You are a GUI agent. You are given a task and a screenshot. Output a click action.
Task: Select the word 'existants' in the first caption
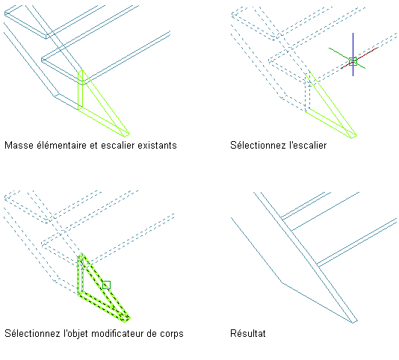(157, 146)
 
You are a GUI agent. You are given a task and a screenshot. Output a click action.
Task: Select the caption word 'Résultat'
(248, 333)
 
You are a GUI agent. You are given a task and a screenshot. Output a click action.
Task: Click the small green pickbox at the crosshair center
(353, 61)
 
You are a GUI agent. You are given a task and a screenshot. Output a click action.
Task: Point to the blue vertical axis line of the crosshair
(353, 55)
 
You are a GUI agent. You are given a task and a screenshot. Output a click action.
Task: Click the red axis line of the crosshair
(359, 58)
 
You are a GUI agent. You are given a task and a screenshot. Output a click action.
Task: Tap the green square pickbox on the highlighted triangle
(106, 285)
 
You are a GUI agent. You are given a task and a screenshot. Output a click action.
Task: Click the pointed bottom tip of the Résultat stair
(353, 323)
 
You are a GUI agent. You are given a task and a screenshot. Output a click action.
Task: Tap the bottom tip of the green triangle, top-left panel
(126, 137)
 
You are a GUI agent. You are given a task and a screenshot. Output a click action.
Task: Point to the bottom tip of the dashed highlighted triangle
(126, 322)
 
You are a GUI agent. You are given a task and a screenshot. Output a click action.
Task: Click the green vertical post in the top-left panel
(81, 90)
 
